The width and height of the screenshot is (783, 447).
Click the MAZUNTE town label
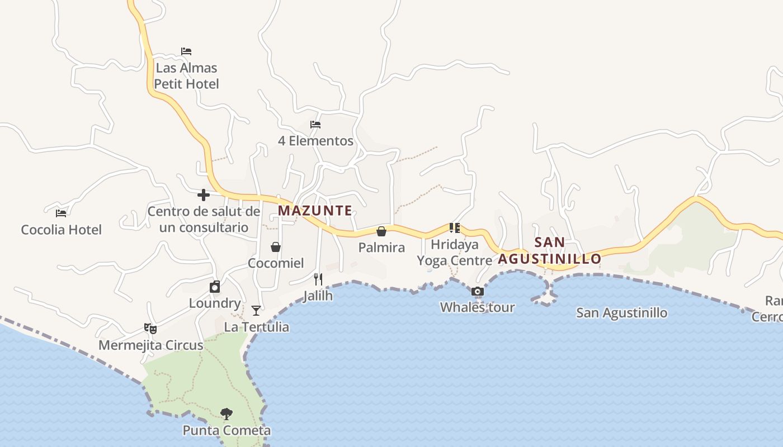point(315,211)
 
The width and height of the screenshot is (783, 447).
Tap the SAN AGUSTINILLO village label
point(549,251)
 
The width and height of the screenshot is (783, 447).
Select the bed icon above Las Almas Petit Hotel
point(186,51)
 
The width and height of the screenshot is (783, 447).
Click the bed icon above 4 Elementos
point(315,125)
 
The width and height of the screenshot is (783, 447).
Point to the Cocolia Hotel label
point(61,230)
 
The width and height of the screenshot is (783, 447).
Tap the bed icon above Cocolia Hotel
point(61,213)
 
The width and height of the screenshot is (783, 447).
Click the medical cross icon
point(204,195)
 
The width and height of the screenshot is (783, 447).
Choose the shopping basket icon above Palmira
point(381,231)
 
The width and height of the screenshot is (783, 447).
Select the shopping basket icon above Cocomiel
point(276,247)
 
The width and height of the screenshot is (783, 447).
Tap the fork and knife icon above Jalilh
point(318,279)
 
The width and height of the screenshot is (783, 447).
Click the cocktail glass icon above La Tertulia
point(256,311)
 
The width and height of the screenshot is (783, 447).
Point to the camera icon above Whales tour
point(477,291)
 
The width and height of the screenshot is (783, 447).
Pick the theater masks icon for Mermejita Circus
point(150,329)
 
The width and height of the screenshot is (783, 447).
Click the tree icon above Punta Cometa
point(227,414)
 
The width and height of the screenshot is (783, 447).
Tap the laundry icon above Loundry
point(215,287)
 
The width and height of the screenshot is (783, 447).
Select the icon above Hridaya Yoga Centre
point(454,228)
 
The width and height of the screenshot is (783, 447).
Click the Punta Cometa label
point(227,430)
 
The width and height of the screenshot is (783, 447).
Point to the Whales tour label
point(477,307)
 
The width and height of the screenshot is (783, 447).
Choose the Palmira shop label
point(381,248)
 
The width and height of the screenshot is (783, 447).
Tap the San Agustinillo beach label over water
point(621,312)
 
